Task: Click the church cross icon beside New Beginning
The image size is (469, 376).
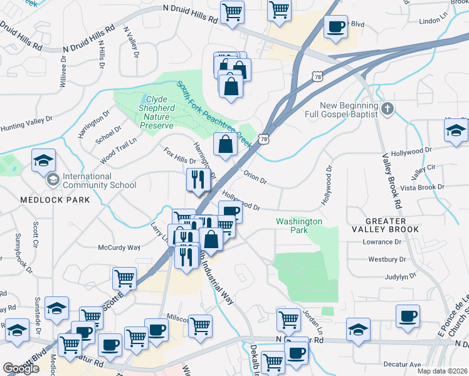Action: coord(387,110)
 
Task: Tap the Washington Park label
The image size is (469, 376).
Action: coord(299,226)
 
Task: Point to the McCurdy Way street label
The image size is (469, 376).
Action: coord(119,247)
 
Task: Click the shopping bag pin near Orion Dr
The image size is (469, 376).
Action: coord(225,144)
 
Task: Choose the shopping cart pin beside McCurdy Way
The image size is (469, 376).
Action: coord(125,278)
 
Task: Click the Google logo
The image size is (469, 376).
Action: coord(21,368)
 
